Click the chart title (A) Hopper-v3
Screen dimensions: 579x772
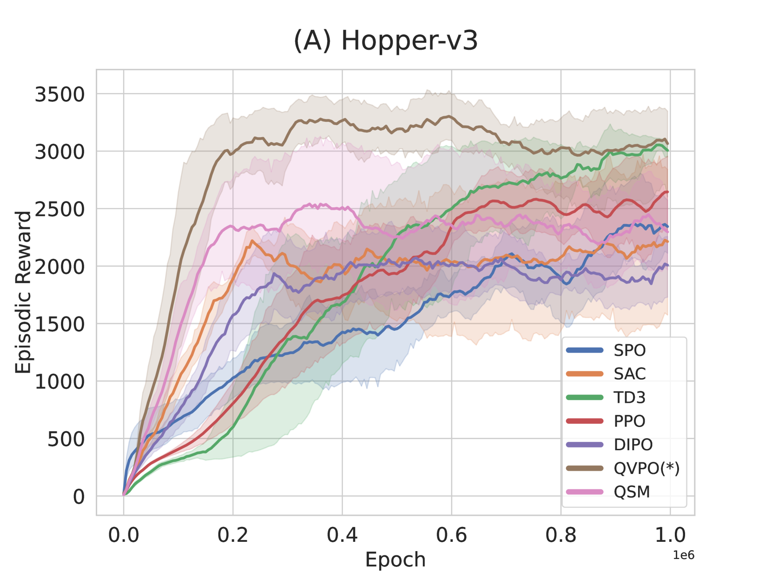coord(386,41)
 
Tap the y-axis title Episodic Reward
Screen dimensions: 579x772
coord(23,292)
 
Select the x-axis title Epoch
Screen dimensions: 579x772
coord(395,559)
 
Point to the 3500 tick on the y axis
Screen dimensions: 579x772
coord(60,94)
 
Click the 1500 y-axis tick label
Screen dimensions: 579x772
coord(60,324)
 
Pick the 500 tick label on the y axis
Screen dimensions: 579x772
coord(66,439)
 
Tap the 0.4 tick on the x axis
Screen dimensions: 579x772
coord(342,535)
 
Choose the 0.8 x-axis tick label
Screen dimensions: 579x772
coord(561,535)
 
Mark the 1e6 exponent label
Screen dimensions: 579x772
coord(683,555)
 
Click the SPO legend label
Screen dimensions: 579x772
coord(629,350)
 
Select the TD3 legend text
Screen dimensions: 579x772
coord(629,398)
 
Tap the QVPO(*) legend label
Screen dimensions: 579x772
coord(646,468)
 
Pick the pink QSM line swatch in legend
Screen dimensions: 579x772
coord(585,492)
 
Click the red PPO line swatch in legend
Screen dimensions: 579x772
coord(585,421)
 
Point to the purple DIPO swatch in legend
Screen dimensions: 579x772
coord(585,445)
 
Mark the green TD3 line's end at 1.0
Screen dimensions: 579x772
coord(668,150)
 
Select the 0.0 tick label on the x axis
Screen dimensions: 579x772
coord(124,535)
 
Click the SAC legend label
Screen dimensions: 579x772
coord(629,374)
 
